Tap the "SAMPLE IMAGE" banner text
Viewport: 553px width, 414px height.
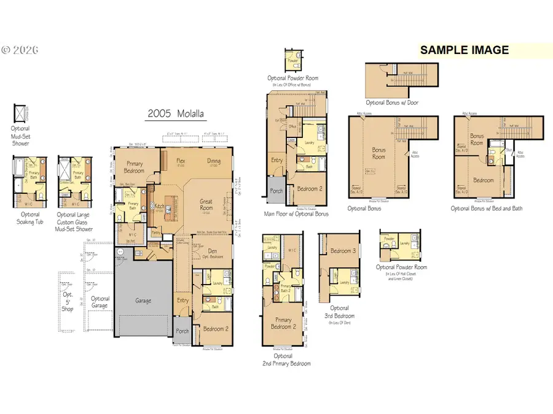tap(464, 50)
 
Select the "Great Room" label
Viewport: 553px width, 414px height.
tap(215, 204)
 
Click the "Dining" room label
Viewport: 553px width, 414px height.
tap(213, 161)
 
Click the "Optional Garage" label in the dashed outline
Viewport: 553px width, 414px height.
tap(100, 302)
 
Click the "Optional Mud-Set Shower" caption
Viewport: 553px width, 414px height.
tap(20, 136)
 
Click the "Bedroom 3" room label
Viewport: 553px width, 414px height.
tap(343, 251)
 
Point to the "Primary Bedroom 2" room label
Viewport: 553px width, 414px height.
tap(283, 323)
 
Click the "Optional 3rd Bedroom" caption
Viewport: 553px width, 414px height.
tap(339, 312)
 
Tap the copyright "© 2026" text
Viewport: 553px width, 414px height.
tap(20, 48)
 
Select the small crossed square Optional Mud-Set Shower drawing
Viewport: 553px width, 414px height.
tap(20, 113)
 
